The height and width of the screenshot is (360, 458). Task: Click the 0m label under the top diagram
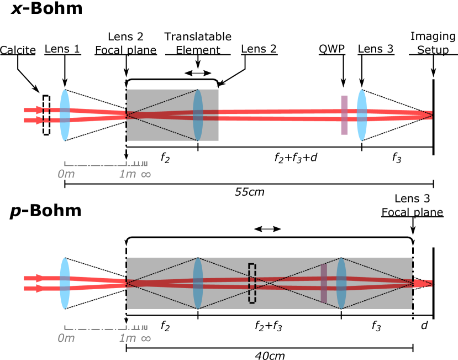point(66,174)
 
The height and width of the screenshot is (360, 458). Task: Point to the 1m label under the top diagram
point(127,174)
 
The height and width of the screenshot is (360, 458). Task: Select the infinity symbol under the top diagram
point(146,174)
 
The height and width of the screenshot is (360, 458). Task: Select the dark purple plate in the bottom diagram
point(324,283)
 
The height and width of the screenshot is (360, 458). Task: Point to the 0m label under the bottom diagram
point(66,338)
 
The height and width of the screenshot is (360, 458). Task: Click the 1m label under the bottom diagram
point(127,338)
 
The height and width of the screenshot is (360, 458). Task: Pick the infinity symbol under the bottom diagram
point(146,338)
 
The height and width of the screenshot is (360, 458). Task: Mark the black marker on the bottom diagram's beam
point(251,283)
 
